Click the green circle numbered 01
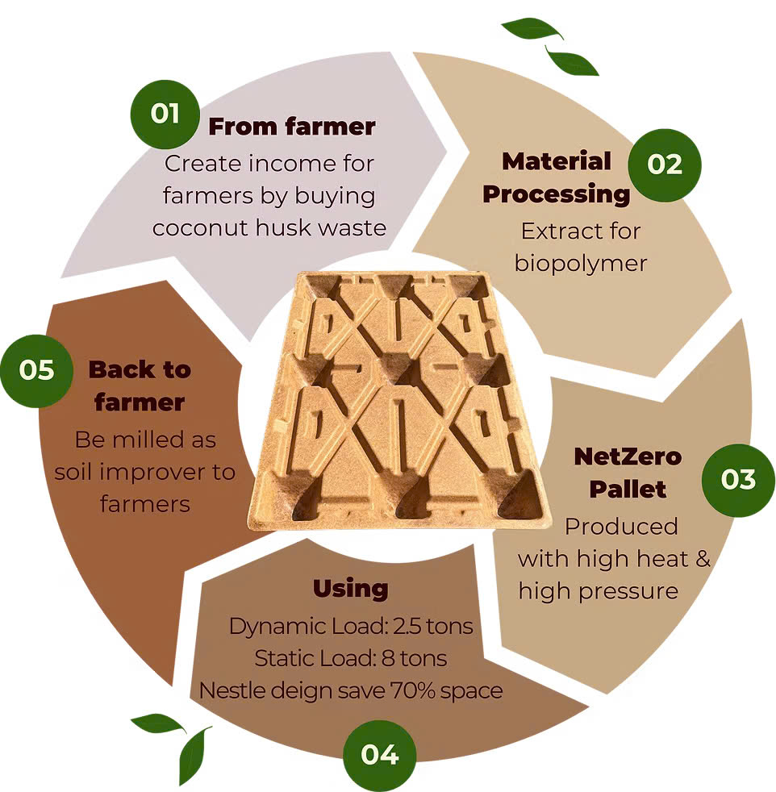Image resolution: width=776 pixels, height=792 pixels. pyautogui.click(x=165, y=115)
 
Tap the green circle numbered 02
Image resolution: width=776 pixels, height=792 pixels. pyautogui.click(x=665, y=165)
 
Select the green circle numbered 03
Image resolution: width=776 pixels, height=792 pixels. pyautogui.click(x=738, y=480)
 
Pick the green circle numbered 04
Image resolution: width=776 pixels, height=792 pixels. pyautogui.click(x=379, y=756)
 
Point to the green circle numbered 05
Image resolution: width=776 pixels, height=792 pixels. pyautogui.click(x=36, y=371)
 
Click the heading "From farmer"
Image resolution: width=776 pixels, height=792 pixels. pyautogui.click(x=292, y=127)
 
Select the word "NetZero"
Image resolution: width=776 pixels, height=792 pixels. pyautogui.click(x=628, y=456)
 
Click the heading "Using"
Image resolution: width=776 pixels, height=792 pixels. pyautogui.click(x=351, y=590)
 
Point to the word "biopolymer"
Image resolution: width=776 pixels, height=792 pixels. pyautogui.click(x=581, y=264)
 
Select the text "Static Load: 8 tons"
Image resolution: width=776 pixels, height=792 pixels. pyautogui.click(x=351, y=658)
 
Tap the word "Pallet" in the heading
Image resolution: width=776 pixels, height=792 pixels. pyautogui.click(x=628, y=490)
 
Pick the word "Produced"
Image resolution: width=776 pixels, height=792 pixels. pyautogui.click(x=621, y=527)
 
